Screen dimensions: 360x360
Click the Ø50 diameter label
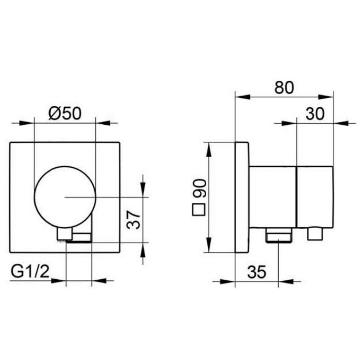pyautogui.click(x=65, y=113)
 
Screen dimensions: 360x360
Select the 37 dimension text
pyautogui.click(x=133, y=220)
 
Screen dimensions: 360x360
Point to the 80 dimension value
pyautogui.click(x=284, y=87)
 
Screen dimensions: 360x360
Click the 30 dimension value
pyautogui.click(x=315, y=114)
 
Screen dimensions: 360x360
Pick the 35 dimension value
pyautogui.click(x=257, y=272)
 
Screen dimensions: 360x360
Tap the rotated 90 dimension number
pyautogui.click(x=199, y=188)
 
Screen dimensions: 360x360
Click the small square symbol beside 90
pyautogui.click(x=199, y=209)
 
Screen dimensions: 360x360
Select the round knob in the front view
pyautogui.click(x=64, y=197)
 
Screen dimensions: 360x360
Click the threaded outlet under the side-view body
pyautogui.click(x=279, y=235)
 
